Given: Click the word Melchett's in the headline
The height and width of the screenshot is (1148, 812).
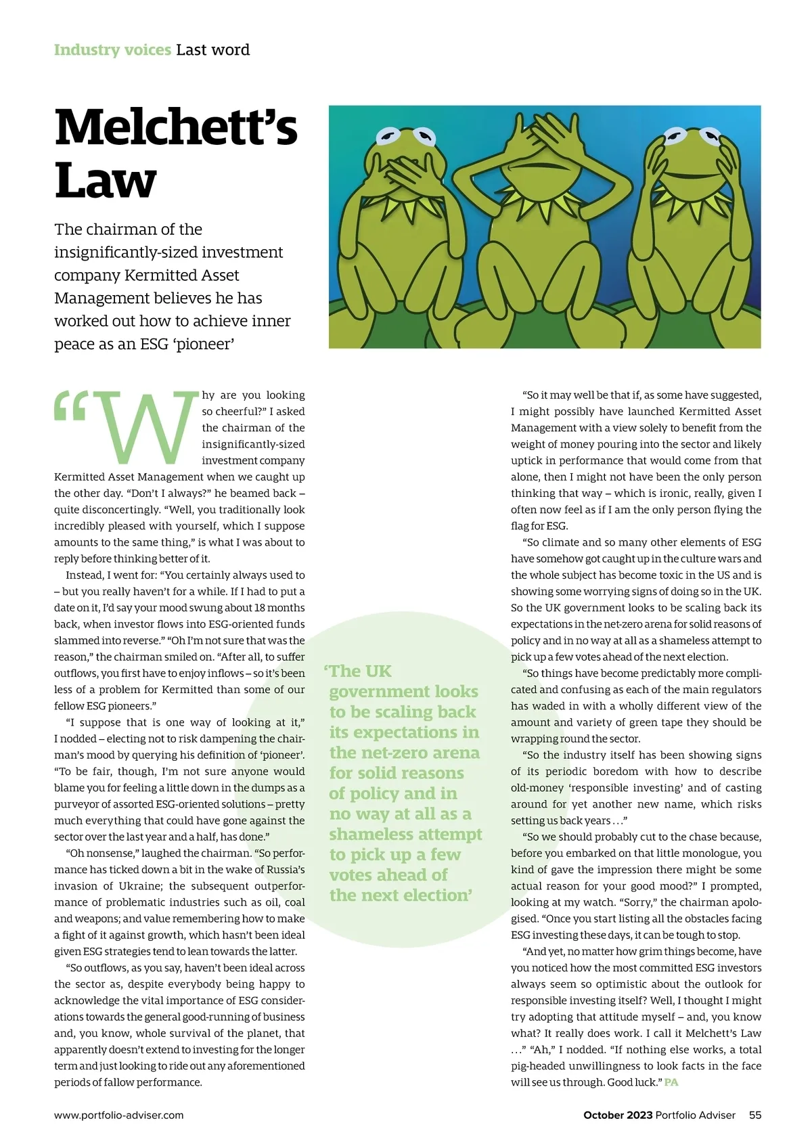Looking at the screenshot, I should (176, 127).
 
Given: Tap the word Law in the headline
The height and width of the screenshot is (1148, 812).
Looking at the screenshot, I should (106, 181).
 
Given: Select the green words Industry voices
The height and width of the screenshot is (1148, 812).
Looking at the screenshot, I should (112, 50).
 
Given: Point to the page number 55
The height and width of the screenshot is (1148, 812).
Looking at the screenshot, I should (754, 1115).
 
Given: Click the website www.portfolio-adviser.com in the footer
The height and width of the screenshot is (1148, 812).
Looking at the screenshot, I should (119, 1115).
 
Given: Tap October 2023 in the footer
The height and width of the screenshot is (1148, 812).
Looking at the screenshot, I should (617, 1115).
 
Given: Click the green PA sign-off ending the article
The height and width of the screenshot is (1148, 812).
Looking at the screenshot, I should (671, 1082).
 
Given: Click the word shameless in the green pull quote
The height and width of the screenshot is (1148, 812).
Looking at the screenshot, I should (371, 834).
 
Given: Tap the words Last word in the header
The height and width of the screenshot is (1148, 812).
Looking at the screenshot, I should (212, 50).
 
